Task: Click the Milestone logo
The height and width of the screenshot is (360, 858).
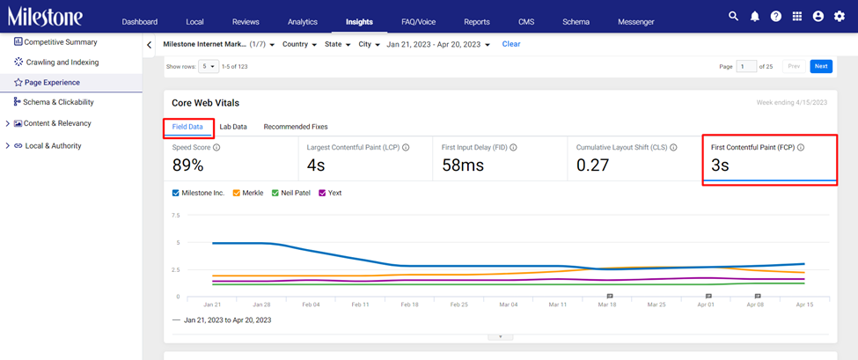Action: (45, 17)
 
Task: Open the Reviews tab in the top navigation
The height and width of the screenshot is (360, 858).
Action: (246, 22)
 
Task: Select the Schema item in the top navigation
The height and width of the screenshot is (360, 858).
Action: (576, 22)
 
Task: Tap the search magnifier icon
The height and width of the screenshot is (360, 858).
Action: (733, 17)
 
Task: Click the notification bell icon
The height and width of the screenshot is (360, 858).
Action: (754, 17)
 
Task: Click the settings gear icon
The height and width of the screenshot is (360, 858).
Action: (840, 17)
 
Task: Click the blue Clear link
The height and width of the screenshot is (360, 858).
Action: (511, 44)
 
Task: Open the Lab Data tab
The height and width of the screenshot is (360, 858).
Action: (233, 127)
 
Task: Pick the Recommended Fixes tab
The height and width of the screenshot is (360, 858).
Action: (296, 127)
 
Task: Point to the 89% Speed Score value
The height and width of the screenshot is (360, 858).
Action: (187, 165)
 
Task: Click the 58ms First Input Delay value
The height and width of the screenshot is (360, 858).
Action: (462, 165)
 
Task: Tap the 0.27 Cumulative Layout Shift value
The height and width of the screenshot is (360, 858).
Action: (593, 165)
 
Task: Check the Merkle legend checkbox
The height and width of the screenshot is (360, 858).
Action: (237, 193)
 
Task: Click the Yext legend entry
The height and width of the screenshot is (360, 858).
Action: (330, 193)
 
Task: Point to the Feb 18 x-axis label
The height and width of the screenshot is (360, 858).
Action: (408, 305)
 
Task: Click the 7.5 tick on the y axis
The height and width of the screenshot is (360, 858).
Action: (176, 216)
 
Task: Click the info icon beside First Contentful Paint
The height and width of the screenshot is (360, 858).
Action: (801, 147)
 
